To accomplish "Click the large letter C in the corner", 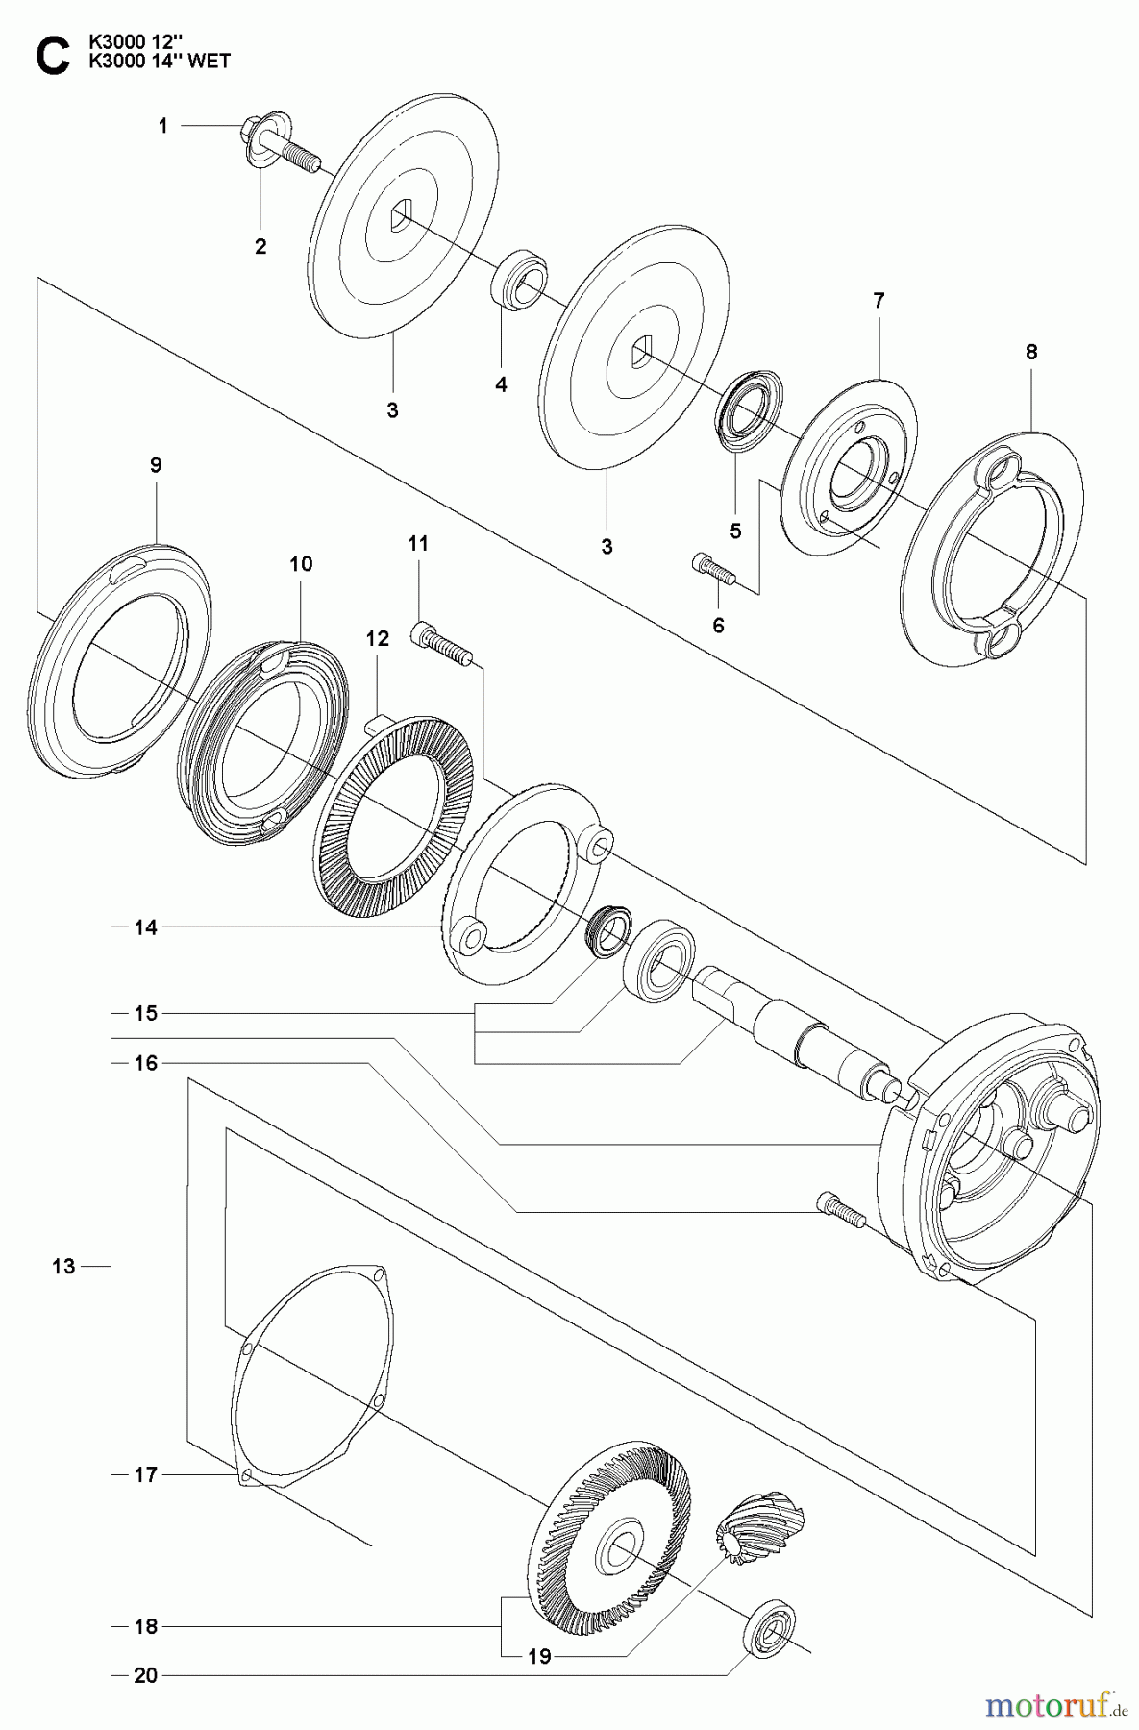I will (x=52, y=56).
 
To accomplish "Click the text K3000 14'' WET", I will (x=161, y=62).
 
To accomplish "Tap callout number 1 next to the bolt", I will (x=163, y=126).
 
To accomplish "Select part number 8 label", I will (x=1031, y=352).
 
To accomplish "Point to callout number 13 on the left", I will (x=63, y=1267).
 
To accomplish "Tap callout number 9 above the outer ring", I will (x=156, y=465).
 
